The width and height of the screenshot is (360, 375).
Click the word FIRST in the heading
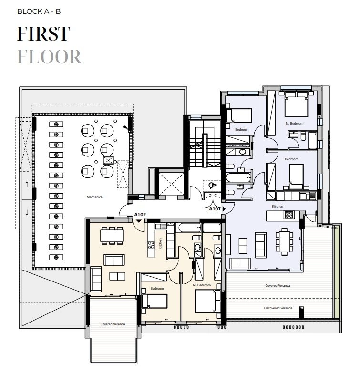pyautogui.click(x=43, y=34)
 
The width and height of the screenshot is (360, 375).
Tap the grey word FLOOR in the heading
pyautogui.click(x=49, y=56)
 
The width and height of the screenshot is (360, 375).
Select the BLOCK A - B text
pyautogui.click(x=39, y=11)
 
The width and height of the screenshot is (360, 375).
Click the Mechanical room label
pyautogui.click(x=95, y=197)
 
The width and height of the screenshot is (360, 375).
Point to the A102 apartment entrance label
pyautogui.click(x=140, y=215)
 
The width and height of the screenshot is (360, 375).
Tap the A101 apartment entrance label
pyautogui.click(x=216, y=208)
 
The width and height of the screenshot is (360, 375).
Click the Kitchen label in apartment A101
pyautogui.click(x=278, y=206)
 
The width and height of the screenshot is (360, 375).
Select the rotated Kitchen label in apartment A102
pyautogui.click(x=161, y=243)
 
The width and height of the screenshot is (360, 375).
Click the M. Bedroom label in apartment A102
pyautogui.click(x=202, y=285)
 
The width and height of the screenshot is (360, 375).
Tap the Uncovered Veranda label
pyautogui.click(x=278, y=308)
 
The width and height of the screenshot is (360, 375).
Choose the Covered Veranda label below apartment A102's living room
pyautogui.click(x=113, y=324)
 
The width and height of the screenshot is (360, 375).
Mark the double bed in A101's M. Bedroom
pyautogui.click(x=296, y=106)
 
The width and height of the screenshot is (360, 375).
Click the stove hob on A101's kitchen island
pyautogui.click(x=289, y=215)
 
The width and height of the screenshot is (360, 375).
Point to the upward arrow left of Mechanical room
pyautogui.click(x=27, y=184)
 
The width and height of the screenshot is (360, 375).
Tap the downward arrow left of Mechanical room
pyautogui.click(x=27, y=212)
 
